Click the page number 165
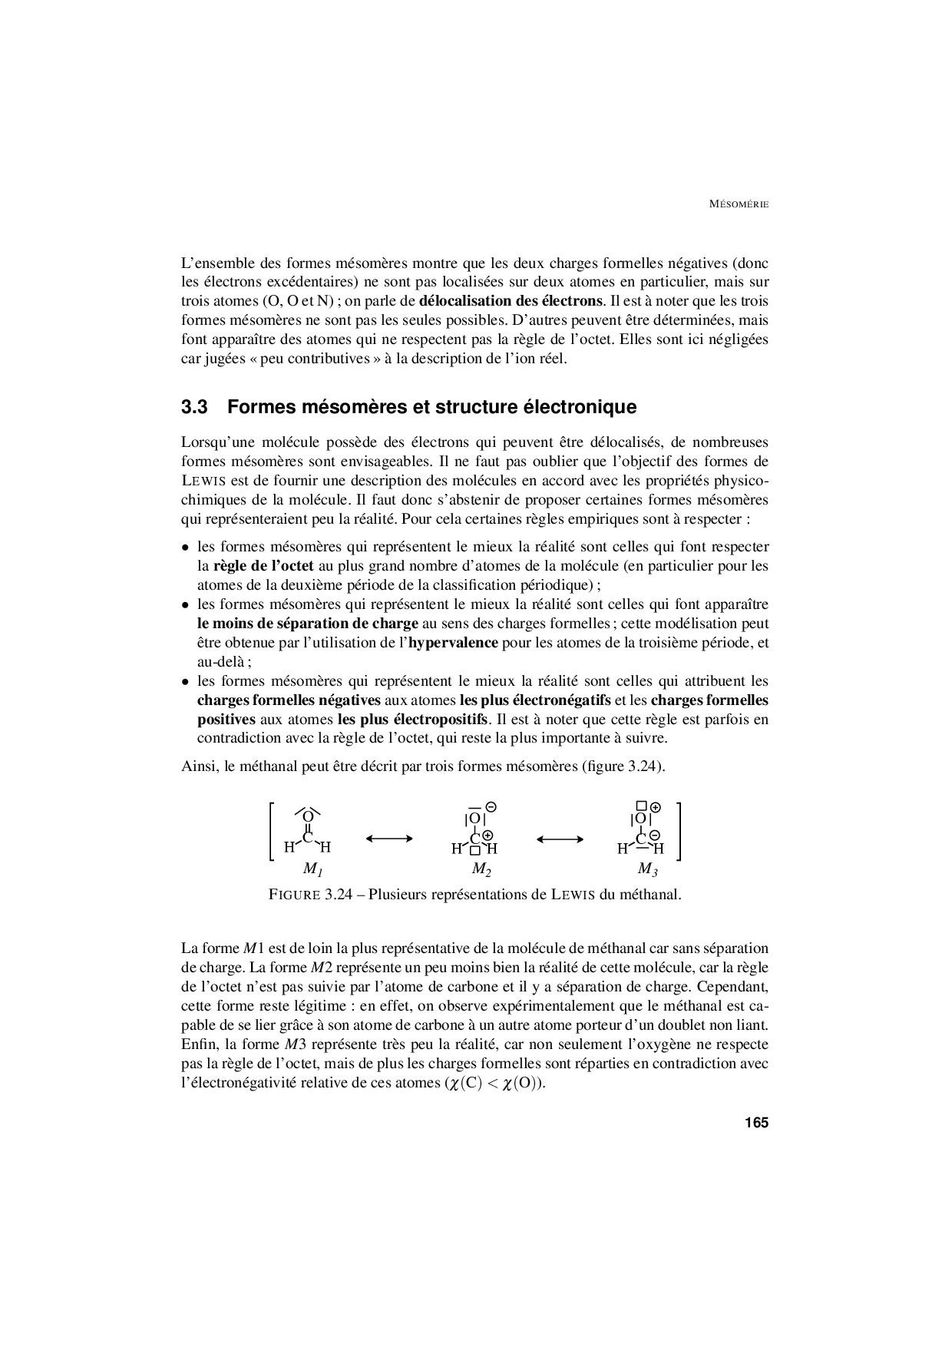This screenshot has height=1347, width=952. pyautogui.click(x=755, y=1123)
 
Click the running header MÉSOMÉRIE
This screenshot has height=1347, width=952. pyautogui.click(x=738, y=204)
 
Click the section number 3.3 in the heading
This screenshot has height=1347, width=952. pyautogui.click(x=195, y=407)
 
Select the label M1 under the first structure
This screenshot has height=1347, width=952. pyautogui.click(x=312, y=869)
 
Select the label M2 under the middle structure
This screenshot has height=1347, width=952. pyautogui.click(x=481, y=869)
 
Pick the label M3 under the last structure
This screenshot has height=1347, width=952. pyautogui.click(x=647, y=869)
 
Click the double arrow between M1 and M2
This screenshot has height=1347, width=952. pyautogui.click(x=390, y=839)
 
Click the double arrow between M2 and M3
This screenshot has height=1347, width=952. pyautogui.click(x=560, y=839)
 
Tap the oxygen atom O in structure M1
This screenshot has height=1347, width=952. pyautogui.click(x=307, y=817)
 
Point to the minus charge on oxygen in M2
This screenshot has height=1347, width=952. pyautogui.click(x=491, y=807)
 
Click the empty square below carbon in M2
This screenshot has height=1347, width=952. pyautogui.click(x=475, y=850)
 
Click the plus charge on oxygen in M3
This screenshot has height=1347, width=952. pyautogui.click(x=656, y=807)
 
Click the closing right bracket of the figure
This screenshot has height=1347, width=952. pyautogui.click(x=679, y=832)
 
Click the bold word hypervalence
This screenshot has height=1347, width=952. pyautogui.click(x=453, y=643)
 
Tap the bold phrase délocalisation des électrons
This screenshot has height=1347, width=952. pyautogui.click(x=511, y=301)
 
